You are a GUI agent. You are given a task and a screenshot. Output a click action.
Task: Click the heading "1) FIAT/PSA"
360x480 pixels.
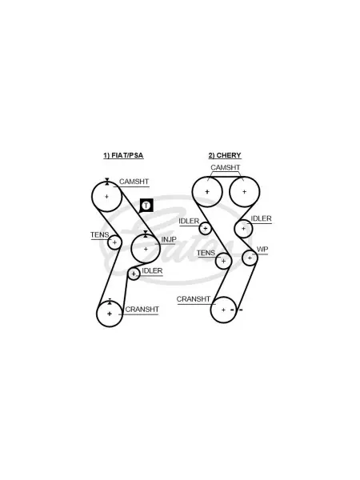click(123, 155)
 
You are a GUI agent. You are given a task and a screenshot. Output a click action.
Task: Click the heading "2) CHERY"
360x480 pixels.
click(225, 155)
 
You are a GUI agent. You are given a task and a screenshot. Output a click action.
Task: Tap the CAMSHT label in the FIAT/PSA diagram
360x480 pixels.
click(134, 182)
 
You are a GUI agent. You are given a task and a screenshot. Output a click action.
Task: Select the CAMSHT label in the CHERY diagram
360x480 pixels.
click(226, 167)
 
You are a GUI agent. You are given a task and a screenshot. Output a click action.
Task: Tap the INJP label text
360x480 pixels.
click(169, 239)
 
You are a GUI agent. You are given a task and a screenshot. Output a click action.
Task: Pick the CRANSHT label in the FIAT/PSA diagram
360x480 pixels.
click(142, 310)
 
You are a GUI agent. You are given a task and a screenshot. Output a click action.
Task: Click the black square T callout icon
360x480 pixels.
click(146, 205)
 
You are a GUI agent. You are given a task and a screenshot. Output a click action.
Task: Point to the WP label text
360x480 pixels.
click(262, 249)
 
